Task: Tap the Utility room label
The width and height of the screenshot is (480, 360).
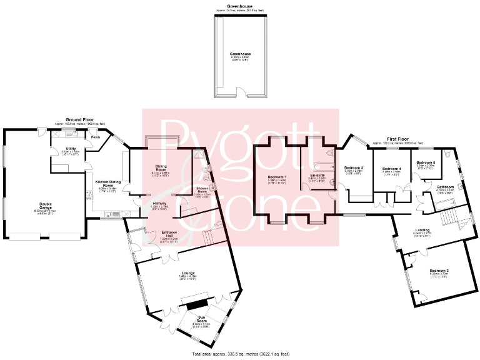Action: coord(70,147)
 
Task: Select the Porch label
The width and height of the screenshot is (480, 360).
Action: coord(96,136)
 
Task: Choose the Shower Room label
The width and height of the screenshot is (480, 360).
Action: coord(201,188)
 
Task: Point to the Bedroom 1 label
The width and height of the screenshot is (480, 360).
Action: coord(277,177)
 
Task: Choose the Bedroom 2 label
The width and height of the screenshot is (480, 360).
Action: coord(438,271)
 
